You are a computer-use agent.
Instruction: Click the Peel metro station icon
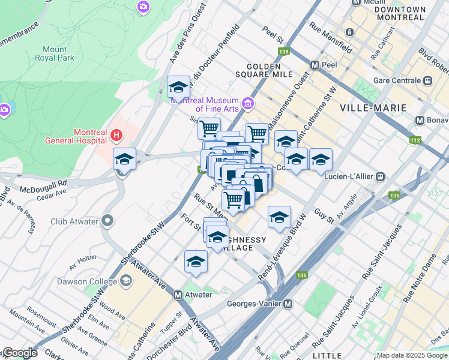[315, 64]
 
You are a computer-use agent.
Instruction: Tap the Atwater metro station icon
[178, 295]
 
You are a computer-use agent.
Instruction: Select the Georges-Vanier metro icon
[288, 304]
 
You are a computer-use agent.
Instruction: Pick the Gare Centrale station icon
[427, 80]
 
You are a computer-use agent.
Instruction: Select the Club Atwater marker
[107, 221]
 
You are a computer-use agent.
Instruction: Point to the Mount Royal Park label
[58, 53]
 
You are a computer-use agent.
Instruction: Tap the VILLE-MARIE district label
[373, 108]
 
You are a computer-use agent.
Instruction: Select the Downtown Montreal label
[401, 13]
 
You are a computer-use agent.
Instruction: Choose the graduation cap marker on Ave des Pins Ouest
[178, 88]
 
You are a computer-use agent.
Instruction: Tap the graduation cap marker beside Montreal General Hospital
[124, 159]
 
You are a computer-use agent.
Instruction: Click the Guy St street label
[324, 217]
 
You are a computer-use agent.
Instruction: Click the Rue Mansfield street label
[331, 37]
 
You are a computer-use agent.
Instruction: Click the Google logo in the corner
[19, 353]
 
